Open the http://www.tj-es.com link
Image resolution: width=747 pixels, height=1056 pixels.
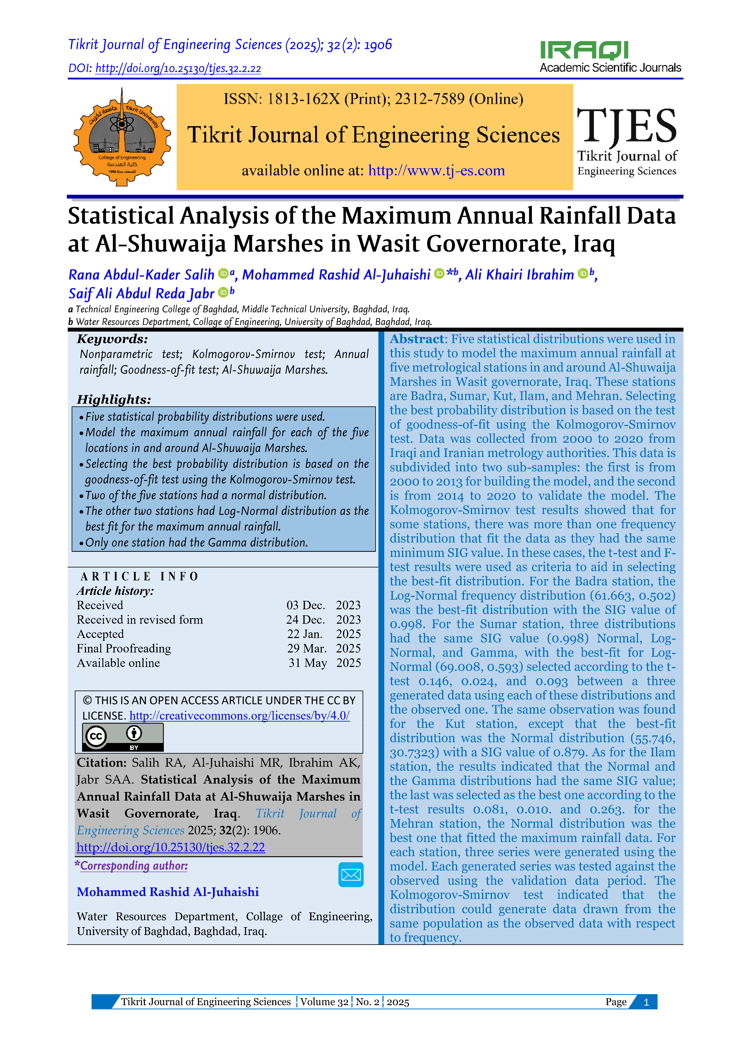tap(436, 171)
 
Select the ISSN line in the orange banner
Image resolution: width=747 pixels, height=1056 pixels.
tap(373, 99)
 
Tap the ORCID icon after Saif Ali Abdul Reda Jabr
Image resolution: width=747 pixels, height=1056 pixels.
tap(223, 292)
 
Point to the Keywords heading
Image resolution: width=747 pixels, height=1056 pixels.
tap(112, 339)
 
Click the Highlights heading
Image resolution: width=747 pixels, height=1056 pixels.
tap(114, 399)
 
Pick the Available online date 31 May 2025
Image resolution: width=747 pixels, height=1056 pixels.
tap(324, 663)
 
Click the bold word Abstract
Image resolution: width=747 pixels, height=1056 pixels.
tap(416, 339)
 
